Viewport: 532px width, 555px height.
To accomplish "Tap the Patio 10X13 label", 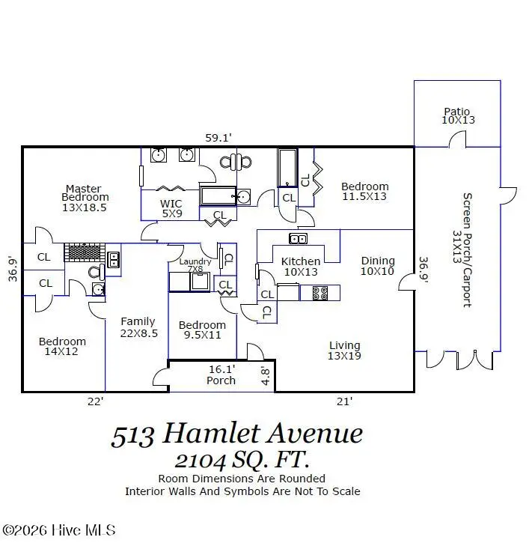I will click(x=457, y=115).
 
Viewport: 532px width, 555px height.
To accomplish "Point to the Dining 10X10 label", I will click(x=377, y=266).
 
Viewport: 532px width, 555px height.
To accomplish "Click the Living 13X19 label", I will click(x=344, y=350).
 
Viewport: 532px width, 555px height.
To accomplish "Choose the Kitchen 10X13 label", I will click(x=300, y=267).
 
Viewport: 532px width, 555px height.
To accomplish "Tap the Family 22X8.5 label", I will click(x=138, y=327).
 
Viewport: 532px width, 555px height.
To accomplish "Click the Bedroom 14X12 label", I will click(x=62, y=346).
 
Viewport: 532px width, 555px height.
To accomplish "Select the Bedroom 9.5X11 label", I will click(x=201, y=330).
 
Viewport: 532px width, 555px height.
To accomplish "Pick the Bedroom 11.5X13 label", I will click(x=364, y=191).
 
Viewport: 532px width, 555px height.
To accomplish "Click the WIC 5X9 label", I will click(x=171, y=208).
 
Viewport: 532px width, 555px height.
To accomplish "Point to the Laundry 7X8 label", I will click(x=195, y=264).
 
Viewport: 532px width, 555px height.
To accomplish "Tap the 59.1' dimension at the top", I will click(x=219, y=137).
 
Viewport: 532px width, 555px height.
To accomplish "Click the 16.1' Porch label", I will click(x=221, y=374).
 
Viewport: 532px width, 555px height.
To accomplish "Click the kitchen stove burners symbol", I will click(x=320, y=293).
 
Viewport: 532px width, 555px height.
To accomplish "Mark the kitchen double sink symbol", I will click(x=298, y=239).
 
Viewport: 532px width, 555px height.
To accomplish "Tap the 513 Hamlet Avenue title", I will click(x=238, y=434).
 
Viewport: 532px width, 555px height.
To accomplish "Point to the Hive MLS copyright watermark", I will click(x=59, y=530).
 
